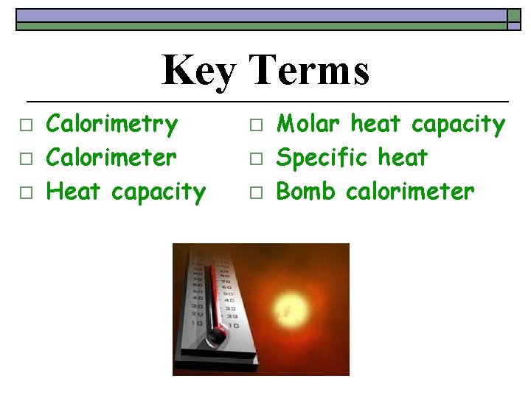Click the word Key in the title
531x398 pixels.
[x=198, y=71]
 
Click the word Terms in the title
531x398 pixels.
[x=309, y=70]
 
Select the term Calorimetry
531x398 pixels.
[x=112, y=125]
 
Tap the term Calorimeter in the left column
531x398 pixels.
[x=111, y=157]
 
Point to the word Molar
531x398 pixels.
[x=309, y=124]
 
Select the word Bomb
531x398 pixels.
[x=307, y=192]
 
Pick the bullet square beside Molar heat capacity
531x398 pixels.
[x=256, y=126]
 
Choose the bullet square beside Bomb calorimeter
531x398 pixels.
[x=256, y=194]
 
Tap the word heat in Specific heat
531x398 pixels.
[x=403, y=158]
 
